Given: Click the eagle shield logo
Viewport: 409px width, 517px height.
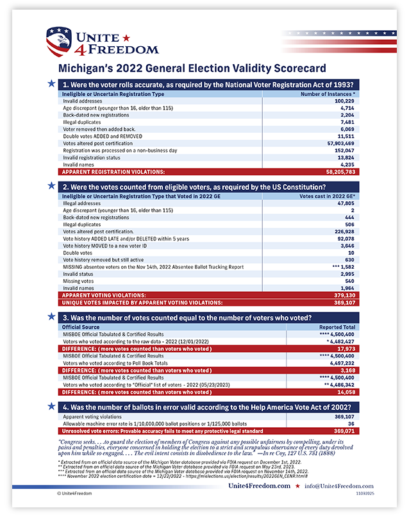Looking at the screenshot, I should pos(59,42).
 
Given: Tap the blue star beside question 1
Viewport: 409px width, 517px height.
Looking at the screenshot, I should pos(51,83).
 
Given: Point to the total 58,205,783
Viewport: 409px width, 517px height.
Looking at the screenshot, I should pos(338,172).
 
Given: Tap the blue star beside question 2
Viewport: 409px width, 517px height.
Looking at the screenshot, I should pos(51,185).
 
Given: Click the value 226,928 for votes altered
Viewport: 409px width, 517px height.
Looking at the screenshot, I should pos(344,231).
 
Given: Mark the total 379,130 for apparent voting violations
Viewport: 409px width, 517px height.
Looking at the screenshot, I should pos(345,296).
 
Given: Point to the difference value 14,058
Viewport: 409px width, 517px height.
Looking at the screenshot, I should pos(346,391).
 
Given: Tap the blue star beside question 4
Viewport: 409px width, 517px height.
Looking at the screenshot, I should pos(51,406).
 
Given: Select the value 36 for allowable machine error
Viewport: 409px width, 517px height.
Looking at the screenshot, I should pos(352,424).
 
